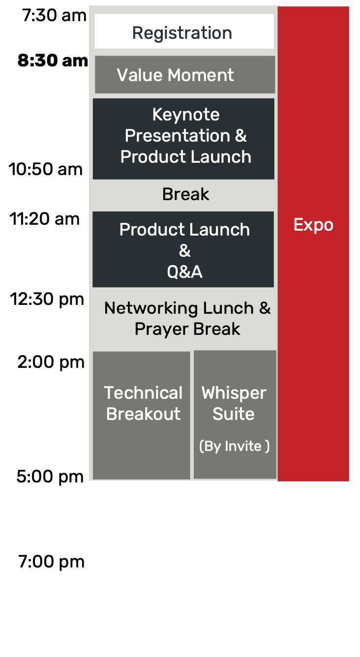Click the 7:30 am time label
[54, 15]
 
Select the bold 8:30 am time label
[53, 60]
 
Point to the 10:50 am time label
[45, 169]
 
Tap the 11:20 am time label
[44, 219]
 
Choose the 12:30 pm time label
[47, 299]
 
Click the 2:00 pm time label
[51, 362]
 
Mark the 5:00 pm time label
[50, 477]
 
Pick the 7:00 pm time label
[52, 562]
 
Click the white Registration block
[184, 31]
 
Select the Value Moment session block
[185, 74]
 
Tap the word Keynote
[186, 115]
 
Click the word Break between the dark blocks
[186, 194]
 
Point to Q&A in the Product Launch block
[184, 272]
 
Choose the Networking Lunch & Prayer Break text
[187, 319]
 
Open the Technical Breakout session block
[142, 416]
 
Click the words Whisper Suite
[234, 403]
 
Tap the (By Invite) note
[234, 447]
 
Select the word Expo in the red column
[313, 225]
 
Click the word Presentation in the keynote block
[178, 136]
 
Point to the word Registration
[182, 33]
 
